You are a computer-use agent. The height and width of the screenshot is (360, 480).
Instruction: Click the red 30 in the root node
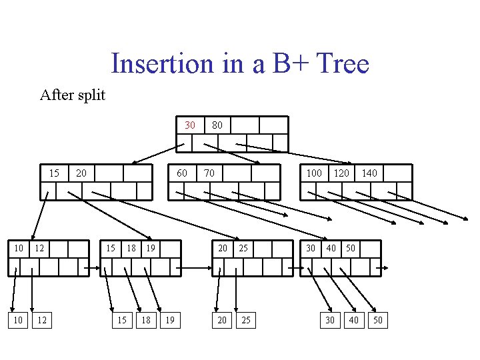coord(190,125)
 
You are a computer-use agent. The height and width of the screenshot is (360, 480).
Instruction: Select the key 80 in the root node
coord(217,125)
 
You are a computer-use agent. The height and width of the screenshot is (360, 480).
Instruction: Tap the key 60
coord(181,173)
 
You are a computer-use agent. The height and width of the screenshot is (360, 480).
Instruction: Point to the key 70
coord(209,173)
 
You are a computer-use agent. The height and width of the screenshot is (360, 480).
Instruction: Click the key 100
coord(314,173)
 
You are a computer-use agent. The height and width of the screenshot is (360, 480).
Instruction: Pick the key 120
coord(341,173)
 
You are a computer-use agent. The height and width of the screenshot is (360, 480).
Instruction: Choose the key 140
coord(369,173)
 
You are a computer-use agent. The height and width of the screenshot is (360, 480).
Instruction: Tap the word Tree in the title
coord(343,64)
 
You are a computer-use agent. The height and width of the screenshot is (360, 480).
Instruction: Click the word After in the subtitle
coord(54,95)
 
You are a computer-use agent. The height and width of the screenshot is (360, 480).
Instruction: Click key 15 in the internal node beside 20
coord(55,173)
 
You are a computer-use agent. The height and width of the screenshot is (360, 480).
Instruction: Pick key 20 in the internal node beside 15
coord(81,173)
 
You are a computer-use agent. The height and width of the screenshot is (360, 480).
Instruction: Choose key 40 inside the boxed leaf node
coord(331,248)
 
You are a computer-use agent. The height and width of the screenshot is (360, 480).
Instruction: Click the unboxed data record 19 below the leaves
coord(170,321)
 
